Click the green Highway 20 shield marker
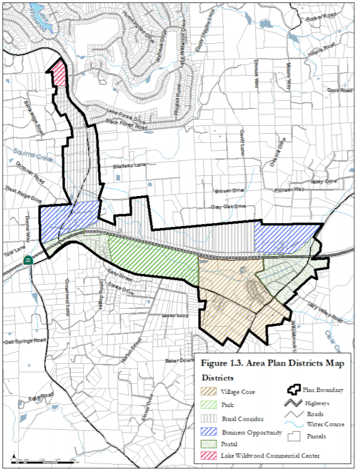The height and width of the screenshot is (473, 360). tap(28, 260)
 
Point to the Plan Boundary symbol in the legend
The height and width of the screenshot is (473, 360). tap(292, 390)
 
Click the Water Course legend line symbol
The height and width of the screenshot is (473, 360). tap(292, 424)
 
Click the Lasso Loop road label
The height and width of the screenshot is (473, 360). tap(174, 315)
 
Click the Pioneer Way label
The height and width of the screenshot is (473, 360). tap(291, 189)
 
